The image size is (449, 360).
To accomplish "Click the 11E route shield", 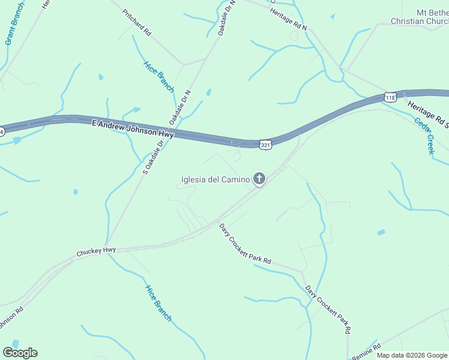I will [x=390, y=97].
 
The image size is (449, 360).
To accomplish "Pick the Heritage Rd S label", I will [x=428, y=114].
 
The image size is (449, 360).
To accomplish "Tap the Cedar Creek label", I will [x=424, y=135].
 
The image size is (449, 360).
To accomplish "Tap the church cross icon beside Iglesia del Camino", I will [x=259, y=178].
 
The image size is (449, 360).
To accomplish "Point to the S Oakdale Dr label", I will [x=153, y=157].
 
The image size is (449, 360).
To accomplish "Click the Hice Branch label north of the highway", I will [x=158, y=77].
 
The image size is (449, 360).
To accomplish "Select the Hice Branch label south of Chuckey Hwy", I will [x=158, y=302].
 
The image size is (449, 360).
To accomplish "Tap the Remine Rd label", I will [x=366, y=351].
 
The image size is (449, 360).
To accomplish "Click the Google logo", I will [x=20, y=352].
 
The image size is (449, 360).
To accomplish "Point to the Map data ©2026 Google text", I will [x=412, y=355].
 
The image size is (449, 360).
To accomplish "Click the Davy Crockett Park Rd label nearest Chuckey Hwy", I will [x=245, y=245].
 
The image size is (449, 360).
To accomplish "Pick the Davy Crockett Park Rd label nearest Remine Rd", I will [x=328, y=308].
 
